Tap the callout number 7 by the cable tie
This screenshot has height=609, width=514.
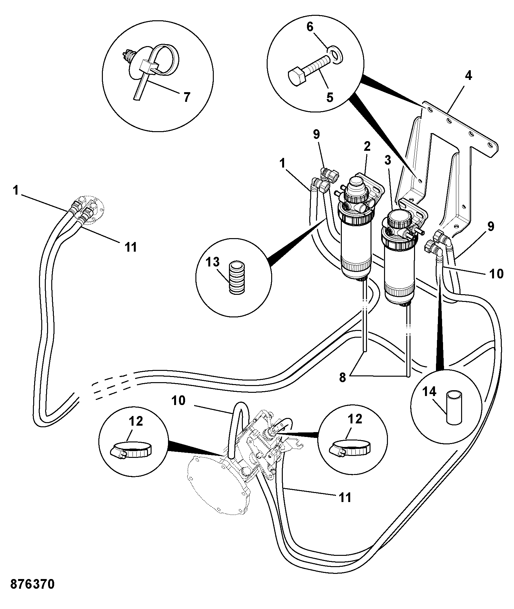click(x=187, y=97)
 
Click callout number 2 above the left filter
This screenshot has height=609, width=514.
click(x=367, y=147)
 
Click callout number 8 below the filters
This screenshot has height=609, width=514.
click(x=342, y=378)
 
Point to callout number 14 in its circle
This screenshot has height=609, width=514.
click(x=429, y=391)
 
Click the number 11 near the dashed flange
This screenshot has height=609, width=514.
click(x=131, y=247)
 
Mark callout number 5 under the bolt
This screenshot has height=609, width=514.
click(x=330, y=97)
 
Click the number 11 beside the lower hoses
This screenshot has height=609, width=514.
click(x=345, y=498)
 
